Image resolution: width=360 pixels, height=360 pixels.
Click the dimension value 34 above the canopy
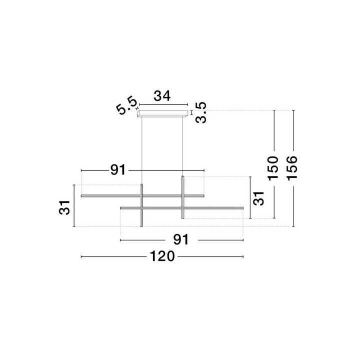pos(162,96)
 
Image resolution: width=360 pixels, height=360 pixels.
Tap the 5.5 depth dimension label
pos(126,106)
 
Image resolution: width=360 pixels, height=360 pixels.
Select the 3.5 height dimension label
pos(201,112)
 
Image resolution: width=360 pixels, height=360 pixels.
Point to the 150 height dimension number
pos(273,167)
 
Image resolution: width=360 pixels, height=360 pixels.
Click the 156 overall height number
pos(292,167)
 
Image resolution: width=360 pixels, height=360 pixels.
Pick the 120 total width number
pos(162,256)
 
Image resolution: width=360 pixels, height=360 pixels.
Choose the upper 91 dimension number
pos(118,170)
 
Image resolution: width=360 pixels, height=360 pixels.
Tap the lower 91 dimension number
pos(181,239)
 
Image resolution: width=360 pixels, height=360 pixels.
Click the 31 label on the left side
pos(64,207)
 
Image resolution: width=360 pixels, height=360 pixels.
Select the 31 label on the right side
pos(259,198)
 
